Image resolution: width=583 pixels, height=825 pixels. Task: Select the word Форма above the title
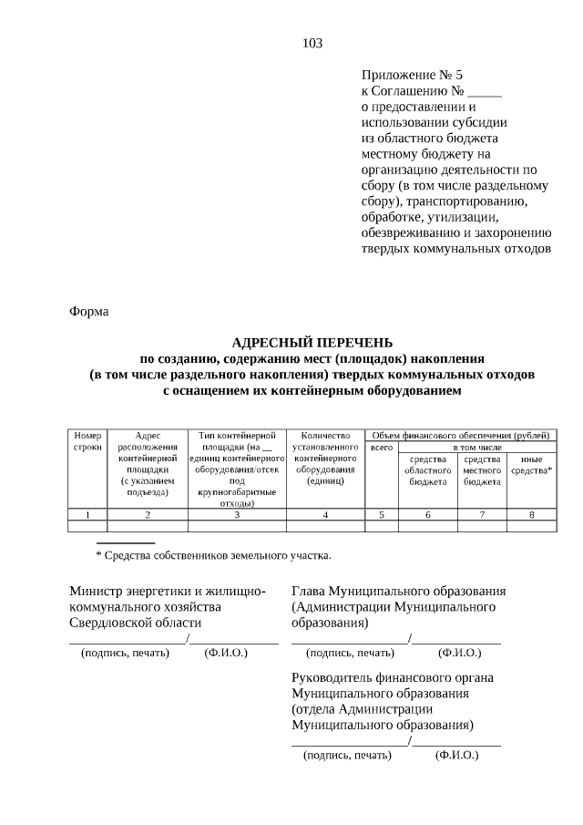tap(89, 312)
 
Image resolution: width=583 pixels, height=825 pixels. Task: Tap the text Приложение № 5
tap(414, 75)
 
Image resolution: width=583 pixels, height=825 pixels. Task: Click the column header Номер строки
tap(88, 442)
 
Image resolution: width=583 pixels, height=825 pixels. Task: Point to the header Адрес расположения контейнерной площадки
tap(148, 463)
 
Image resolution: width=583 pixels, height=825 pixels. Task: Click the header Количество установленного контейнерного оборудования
tap(325, 459)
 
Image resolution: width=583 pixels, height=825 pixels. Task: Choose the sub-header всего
tap(382, 448)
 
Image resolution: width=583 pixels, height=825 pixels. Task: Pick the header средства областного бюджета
tap(427, 469)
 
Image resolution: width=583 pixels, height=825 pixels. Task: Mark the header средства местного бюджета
tap(482, 469)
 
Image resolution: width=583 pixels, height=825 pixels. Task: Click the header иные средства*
tap(531, 464)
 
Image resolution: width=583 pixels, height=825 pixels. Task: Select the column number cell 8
tap(531, 515)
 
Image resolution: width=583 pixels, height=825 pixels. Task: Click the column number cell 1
tap(88, 515)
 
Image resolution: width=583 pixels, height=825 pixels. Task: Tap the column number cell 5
tap(382, 515)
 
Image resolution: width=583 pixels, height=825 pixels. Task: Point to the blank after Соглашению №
tap(485, 92)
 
